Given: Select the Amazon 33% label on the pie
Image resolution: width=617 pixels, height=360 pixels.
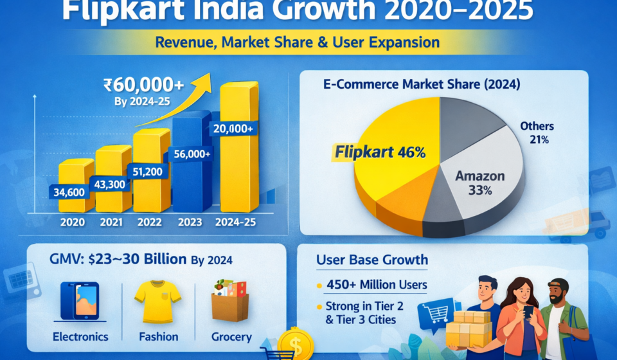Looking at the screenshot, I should [479, 183].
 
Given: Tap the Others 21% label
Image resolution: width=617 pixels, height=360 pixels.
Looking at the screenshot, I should [537, 132].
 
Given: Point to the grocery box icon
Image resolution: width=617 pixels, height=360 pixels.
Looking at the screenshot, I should [229, 301].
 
